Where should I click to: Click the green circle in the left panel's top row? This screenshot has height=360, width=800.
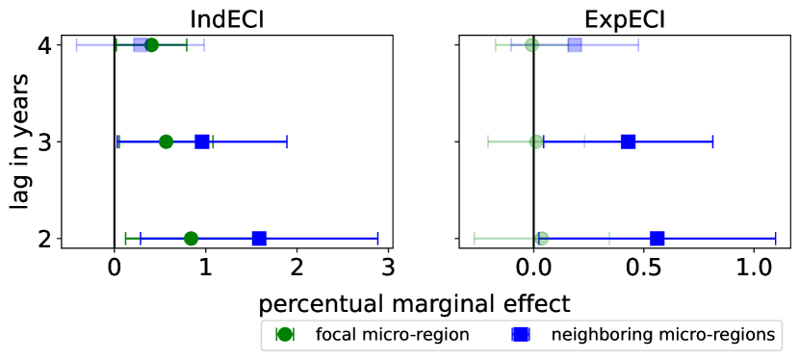pos(151,45)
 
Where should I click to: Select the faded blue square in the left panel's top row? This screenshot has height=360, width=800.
pos(141,45)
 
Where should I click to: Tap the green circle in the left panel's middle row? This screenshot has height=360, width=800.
pos(166,141)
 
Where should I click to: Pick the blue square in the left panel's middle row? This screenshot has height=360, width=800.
pos(202,141)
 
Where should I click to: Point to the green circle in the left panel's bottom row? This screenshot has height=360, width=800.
pos(191,238)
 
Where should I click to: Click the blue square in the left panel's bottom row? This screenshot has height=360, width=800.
pos(259,238)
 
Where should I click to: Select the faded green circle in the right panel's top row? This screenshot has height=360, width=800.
pos(531,44)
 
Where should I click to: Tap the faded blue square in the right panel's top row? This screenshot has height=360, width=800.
pos(575,44)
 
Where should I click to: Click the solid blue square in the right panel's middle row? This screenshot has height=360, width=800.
pos(628,141)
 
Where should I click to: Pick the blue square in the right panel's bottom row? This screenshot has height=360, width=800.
pos(657,238)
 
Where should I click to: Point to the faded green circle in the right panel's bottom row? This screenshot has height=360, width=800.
pos(542,238)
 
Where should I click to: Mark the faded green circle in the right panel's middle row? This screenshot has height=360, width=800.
pos(536,141)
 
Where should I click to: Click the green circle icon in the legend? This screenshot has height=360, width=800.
pos(285,334)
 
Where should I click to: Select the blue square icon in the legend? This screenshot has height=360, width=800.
pos(521,334)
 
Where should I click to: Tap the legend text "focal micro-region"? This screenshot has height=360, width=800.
pos(392,335)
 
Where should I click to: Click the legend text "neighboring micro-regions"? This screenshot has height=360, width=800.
pos(662,335)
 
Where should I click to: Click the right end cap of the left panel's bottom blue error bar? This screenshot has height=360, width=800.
pos(377,238)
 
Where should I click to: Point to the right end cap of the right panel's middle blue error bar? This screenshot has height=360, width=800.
pos(712,141)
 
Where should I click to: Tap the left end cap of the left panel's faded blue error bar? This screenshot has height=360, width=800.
pos(77,44)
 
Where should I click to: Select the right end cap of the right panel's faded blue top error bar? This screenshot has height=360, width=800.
pos(637,44)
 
